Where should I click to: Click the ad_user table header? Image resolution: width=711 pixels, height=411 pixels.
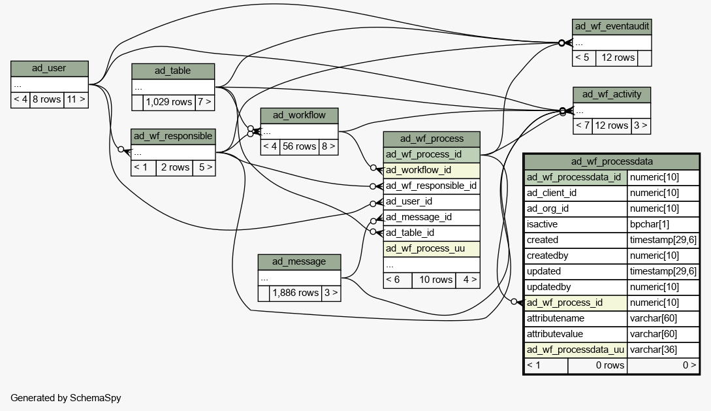(50, 69)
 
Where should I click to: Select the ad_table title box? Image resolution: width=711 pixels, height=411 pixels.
(173, 71)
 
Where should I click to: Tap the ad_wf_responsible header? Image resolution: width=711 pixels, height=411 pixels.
(173, 137)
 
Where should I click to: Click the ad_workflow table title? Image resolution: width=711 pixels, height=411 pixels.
(299, 116)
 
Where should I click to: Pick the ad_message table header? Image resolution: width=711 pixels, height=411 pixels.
(299, 262)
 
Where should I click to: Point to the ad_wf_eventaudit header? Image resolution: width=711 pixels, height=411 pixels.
(612, 27)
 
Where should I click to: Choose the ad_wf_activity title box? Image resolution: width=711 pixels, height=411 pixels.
(612, 95)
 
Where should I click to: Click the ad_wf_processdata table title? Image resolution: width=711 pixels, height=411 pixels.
(612, 161)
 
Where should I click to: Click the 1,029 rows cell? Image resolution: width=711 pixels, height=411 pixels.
(169, 103)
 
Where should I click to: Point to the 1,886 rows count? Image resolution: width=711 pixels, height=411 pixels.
(296, 293)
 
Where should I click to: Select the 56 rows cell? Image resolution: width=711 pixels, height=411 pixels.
(299, 147)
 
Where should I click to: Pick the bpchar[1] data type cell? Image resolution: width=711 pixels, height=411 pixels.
(663, 225)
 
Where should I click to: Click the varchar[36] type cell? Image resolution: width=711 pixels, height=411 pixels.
(663, 350)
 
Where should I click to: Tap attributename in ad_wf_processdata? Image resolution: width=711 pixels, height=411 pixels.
(575, 318)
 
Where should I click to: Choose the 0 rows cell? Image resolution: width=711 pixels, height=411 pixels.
(597, 366)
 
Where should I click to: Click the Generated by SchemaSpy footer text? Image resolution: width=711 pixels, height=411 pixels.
(66, 399)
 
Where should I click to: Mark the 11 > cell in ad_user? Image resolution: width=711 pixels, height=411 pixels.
(76, 100)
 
